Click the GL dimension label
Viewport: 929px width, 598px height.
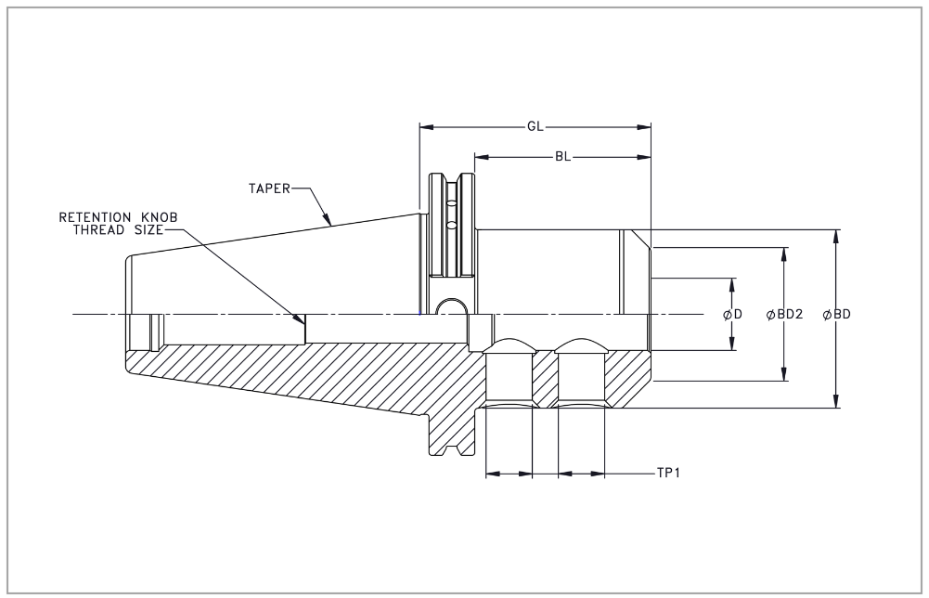[x=535, y=124]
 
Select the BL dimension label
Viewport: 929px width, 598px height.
[x=562, y=156]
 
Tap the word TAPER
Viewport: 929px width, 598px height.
[x=269, y=188]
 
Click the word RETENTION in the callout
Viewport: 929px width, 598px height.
[x=94, y=217]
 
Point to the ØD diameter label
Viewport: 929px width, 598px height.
[x=733, y=314]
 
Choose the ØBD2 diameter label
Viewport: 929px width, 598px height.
[x=784, y=314]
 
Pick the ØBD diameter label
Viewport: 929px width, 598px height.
[x=837, y=314]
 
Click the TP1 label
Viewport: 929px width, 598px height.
[x=669, y=473]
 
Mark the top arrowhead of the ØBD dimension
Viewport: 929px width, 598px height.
[x=837, y=235]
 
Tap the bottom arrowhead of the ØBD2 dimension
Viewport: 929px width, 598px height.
[x=784, y=374]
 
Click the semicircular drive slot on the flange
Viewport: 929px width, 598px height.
[x=450, y=307]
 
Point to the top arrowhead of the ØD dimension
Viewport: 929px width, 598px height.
[x=733, y=283]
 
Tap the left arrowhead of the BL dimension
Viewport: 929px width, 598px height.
[x=481, y=156]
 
